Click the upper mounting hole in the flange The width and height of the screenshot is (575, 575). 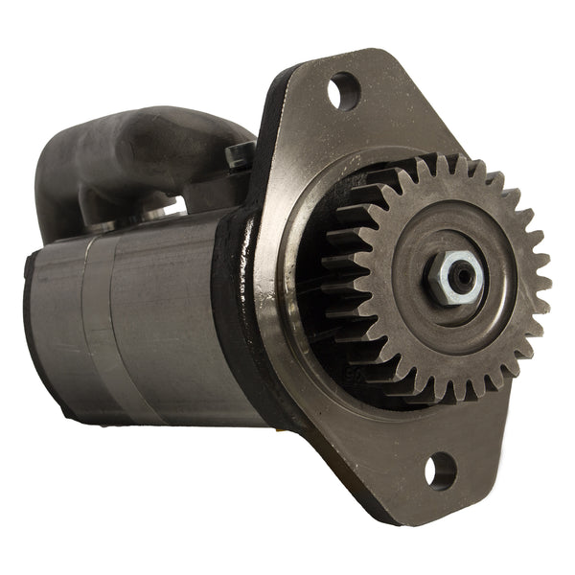coord(343,91)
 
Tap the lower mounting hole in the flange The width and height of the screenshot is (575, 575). coord(440,470)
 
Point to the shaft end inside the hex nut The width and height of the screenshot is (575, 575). coord(463,276)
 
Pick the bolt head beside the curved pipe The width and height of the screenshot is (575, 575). coord(240,153)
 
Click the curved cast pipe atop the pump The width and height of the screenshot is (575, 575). coord(144,144)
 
